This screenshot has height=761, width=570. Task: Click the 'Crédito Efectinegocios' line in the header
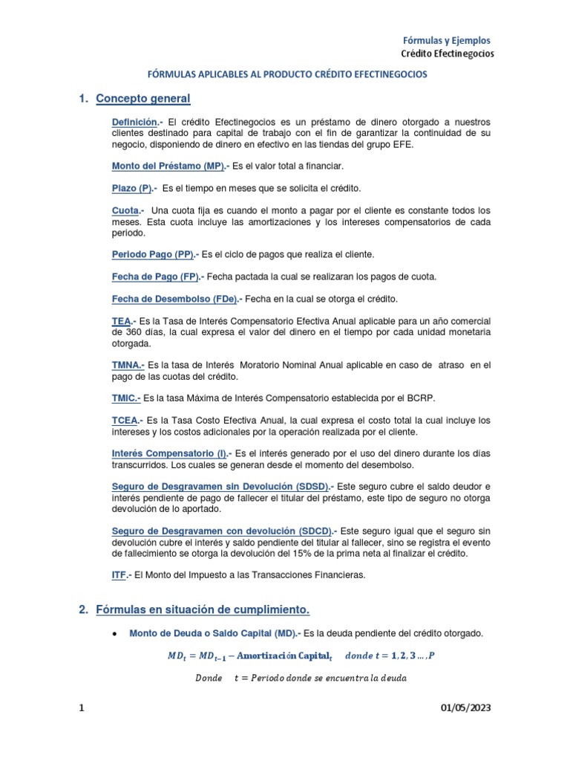coord(448,54)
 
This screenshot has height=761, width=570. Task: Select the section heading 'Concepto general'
coord(143,99)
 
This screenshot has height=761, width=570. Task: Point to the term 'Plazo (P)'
coord(131,188)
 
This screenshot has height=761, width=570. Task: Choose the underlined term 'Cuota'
coord(124,211)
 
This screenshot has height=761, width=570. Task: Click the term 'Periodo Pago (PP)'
coord(153,254)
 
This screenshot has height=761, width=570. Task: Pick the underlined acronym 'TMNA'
coord(127,365)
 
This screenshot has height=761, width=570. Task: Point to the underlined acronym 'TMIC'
coord(125,398)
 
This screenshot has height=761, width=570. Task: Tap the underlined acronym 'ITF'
coord(119,574)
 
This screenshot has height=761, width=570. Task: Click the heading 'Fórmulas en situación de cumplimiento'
coord(202,610)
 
